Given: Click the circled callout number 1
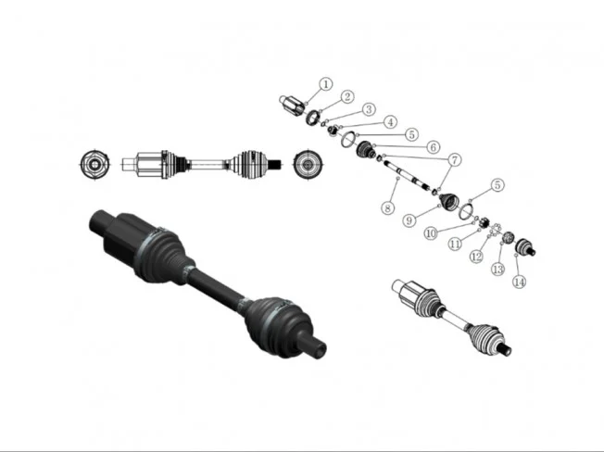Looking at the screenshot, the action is pos(325,84).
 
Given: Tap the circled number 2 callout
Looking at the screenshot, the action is pos(347,96).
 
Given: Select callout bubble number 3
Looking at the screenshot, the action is pos(369,109).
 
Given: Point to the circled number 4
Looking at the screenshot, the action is pos(391,122).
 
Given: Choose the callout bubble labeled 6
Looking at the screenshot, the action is pos(434,146).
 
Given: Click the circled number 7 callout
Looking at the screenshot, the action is pos(455,159).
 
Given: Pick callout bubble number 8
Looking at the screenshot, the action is pos(387,207).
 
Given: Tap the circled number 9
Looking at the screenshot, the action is pos(409,220).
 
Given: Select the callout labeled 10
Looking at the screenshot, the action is pos(431,232).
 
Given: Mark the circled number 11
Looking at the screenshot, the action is pos(455,244).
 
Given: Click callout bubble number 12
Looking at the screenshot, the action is pos(476,256).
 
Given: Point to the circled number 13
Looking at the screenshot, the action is pos(497,269).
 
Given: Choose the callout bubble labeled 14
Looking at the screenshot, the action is pos(520,282).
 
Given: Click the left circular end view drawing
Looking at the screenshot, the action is pos(94,164).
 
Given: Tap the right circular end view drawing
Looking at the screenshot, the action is pos(307,164).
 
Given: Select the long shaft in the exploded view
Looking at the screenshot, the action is pos(409,176).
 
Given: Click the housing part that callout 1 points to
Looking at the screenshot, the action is pos(293,105).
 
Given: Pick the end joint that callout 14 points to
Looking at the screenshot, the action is pos(525,246).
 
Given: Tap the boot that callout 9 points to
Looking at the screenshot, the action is pos(449,201).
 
